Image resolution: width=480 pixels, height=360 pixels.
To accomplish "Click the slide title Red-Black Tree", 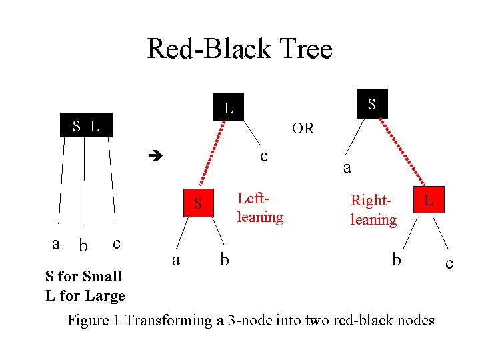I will (x=239, y=49).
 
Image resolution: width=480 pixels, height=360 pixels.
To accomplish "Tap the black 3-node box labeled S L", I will (x=86, y=125).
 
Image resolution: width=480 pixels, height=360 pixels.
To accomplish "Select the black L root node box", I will (x=229, y=107).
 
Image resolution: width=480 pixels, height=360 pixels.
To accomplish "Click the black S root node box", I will (x=372, y=103).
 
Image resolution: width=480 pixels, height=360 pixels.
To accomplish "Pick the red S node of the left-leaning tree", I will (x=198, y=204).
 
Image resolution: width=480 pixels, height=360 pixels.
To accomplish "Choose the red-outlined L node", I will (x=429, y=199).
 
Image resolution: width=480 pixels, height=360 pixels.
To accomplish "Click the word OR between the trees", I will (x=303, y=128).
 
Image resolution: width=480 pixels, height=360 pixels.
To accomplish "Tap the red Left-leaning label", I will (x=260, y=207).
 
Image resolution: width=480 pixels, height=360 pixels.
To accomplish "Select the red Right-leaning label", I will (x=373, y=209).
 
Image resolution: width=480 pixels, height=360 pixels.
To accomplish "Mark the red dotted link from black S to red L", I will (x=405, y=151).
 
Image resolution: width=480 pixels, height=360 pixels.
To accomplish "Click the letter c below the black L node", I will (x=264, y=156).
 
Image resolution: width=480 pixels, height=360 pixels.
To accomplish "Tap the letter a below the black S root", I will (x=347, y=168).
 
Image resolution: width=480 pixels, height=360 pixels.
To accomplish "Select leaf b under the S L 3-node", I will (x=83, y=246).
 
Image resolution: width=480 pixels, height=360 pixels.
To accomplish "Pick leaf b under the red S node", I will (x=224, y=258).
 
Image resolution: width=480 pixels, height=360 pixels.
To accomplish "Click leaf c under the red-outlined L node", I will (x=449, y=264).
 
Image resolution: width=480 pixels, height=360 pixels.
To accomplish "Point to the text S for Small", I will (x=83, y=276).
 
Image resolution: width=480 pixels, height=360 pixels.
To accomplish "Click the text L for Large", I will (x=85, y=295).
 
